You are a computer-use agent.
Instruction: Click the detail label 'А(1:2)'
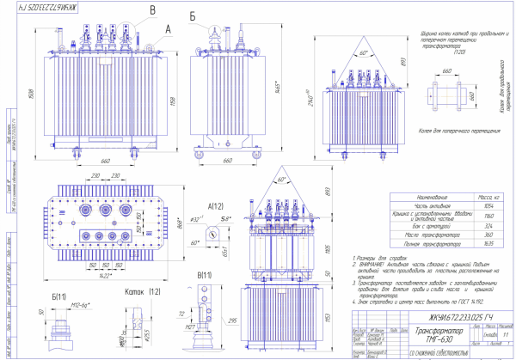[216, 207]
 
